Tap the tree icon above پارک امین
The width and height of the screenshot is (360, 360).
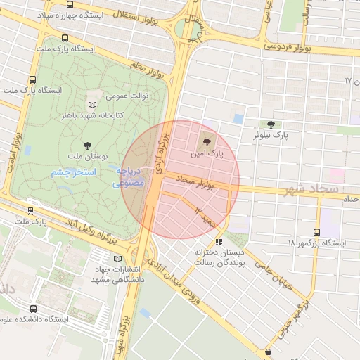(x=206, y=142)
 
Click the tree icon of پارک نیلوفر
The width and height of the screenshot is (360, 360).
(x=271, y=124)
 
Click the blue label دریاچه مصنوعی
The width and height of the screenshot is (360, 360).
(x=129, y=177)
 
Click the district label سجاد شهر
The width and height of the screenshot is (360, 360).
(x=313, y=190)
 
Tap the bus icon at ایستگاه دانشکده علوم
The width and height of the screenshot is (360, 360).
(x=33, y=309)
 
